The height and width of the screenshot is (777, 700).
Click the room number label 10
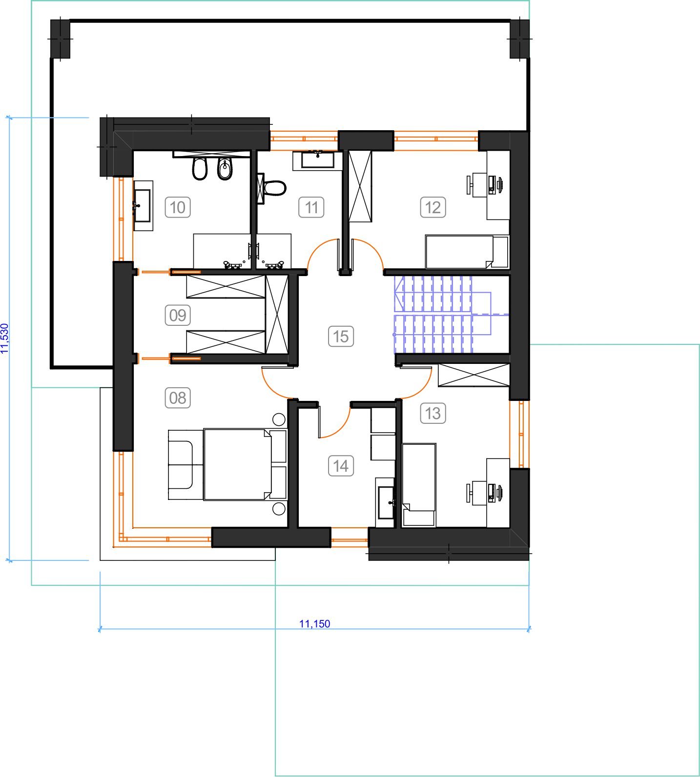177,207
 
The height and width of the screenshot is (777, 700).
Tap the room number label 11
311,207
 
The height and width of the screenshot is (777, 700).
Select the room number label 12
433,207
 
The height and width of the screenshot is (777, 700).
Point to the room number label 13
433,414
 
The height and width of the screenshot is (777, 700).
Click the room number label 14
341,466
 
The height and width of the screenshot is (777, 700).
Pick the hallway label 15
341,336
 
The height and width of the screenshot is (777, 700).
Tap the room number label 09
177,315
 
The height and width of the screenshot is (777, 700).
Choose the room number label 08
177,398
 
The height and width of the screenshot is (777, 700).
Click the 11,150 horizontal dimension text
314,623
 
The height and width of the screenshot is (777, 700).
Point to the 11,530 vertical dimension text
4,339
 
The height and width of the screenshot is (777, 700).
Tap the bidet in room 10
225,169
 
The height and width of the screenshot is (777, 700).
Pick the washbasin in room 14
386,502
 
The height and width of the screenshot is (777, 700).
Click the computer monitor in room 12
499,184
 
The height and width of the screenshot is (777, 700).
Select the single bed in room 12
467,252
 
